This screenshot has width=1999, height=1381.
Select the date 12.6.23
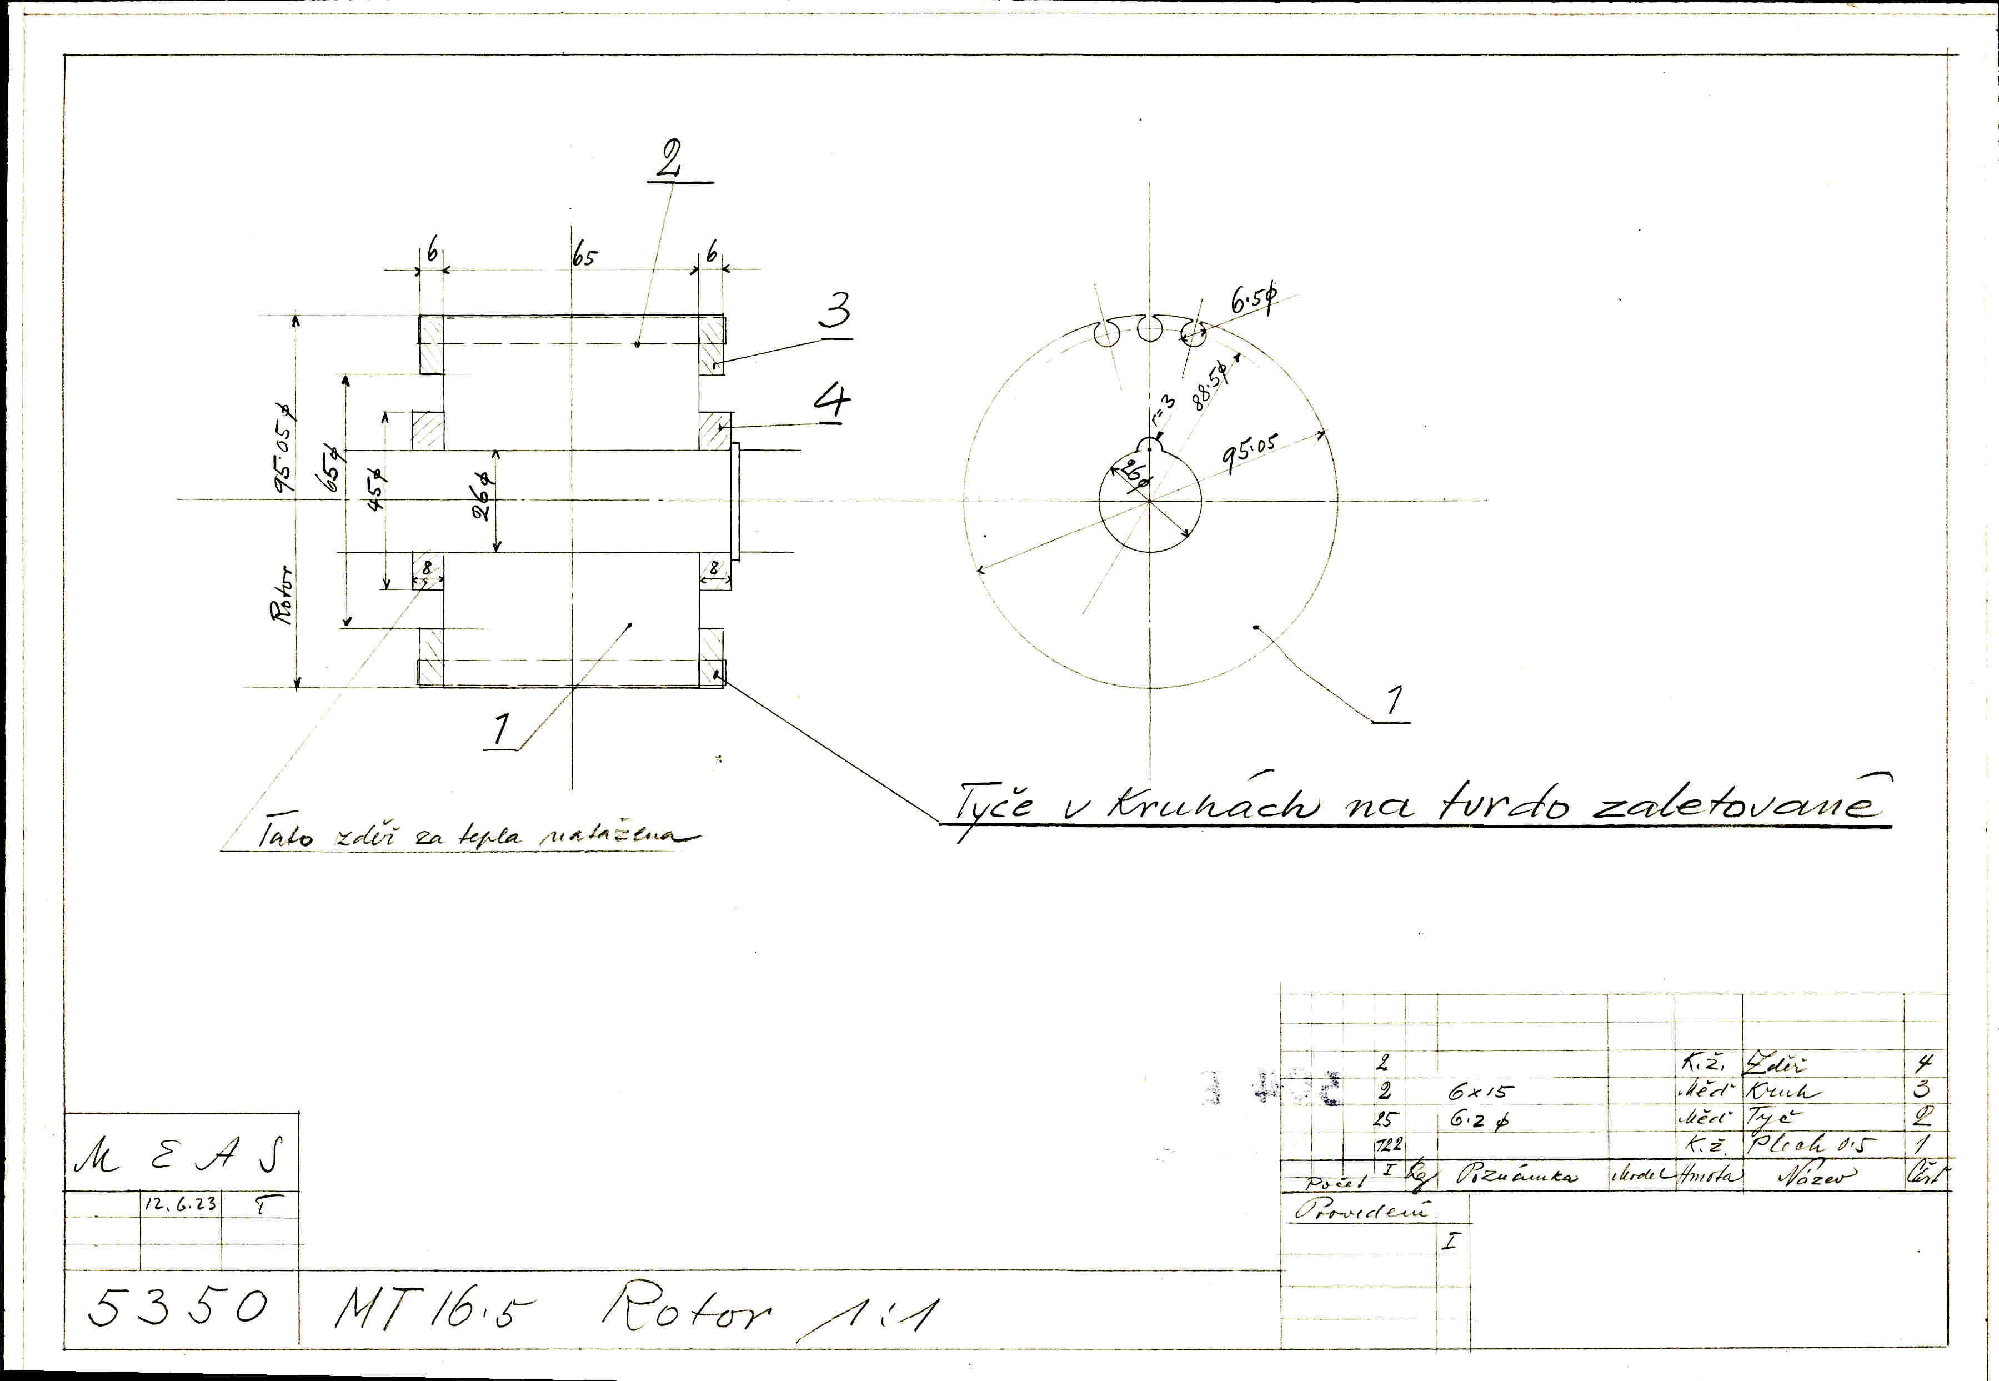180,1204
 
